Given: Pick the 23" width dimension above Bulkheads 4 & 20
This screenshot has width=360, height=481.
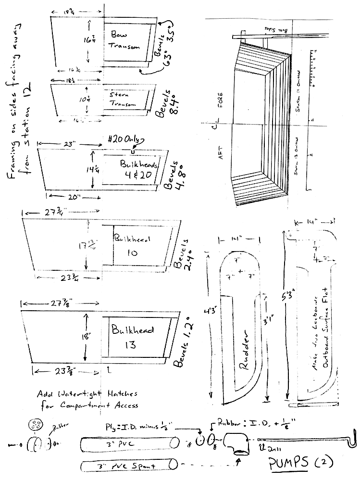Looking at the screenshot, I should [x=68, y=143].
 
